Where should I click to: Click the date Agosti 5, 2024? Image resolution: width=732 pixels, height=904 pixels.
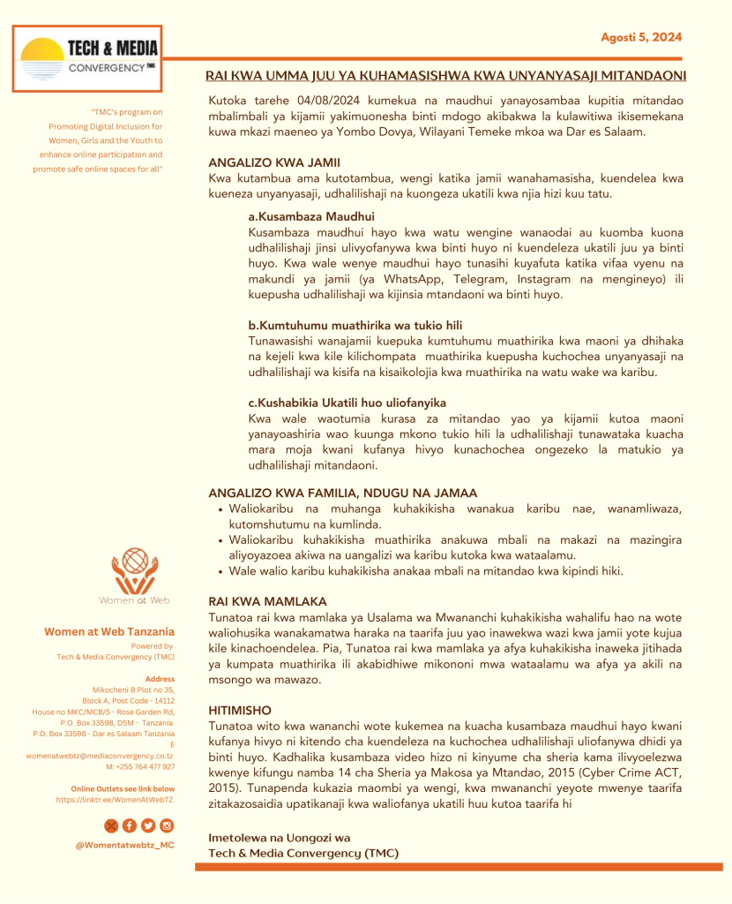[x=641, y=37]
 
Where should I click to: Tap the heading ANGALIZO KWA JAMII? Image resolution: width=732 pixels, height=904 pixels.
[x=274, y=163]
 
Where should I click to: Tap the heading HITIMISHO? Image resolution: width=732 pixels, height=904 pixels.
[x=240, y=710]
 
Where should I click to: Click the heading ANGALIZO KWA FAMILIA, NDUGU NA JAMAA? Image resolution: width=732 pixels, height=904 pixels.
[x=343, y=493]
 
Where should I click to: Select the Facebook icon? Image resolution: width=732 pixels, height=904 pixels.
[x=130, y=825]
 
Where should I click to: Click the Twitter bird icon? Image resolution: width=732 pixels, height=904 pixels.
[x=148, y=825]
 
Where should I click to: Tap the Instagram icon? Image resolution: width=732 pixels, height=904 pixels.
[x=167, y=825]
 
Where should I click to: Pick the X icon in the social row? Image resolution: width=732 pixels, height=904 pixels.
[x=111, y=825]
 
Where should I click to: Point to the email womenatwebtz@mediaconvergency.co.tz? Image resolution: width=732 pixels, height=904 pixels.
[x=99, y=756]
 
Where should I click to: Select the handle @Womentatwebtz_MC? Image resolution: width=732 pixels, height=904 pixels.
[x=124, y=846]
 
